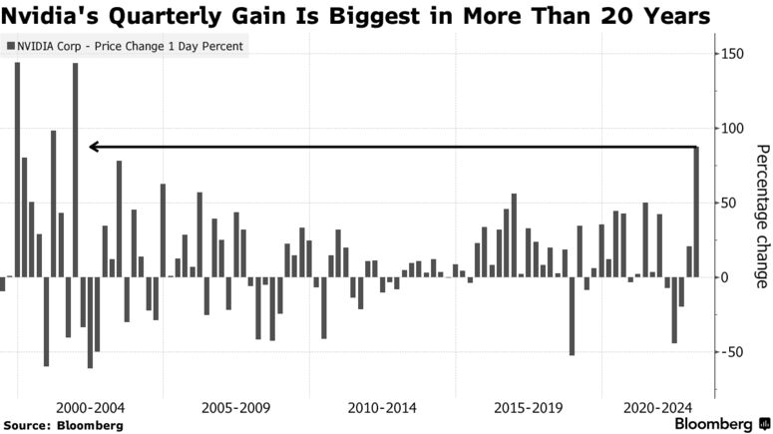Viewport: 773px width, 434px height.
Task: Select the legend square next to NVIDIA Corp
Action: (x=11, y=47)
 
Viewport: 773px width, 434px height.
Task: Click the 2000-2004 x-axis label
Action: (x=91, y=408)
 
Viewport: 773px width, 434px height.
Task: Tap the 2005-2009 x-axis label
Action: (x=236, y=408)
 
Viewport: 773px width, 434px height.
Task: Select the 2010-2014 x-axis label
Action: (x=382, y=408)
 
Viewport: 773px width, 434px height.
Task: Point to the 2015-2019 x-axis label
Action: (x=528, y=408)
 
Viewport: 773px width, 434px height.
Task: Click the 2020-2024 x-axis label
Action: (x=656, y=408)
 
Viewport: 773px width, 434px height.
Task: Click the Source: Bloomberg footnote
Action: (x=63, y=425)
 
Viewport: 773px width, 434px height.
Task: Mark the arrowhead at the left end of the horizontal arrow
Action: (x=92, y=147)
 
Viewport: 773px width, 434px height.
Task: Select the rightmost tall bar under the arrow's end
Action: (x=696, y=212)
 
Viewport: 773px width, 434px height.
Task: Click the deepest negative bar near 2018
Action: (x=572, y=315)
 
